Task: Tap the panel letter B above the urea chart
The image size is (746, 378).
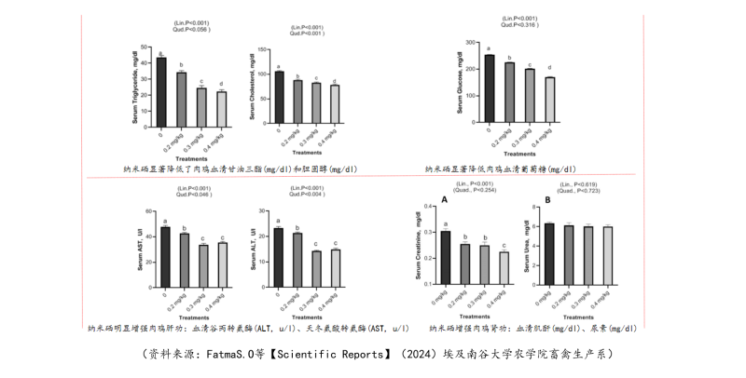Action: (547, 200)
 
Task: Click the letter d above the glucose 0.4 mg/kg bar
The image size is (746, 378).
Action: (550, 68)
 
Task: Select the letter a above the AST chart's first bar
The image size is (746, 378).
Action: (165, 221)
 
